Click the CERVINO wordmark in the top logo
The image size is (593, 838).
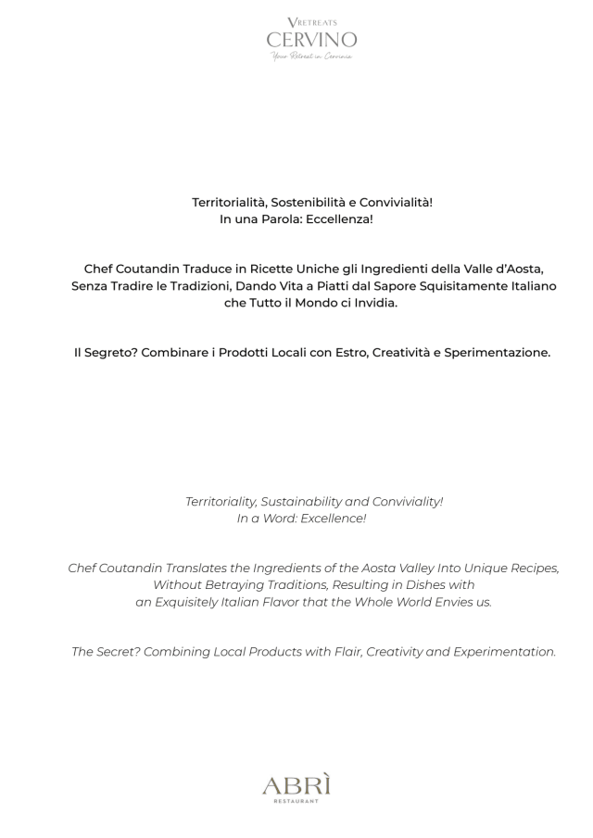(311, 40)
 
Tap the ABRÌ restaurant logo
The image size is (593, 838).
(296, 786)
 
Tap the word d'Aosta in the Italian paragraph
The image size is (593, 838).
(522, 269)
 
